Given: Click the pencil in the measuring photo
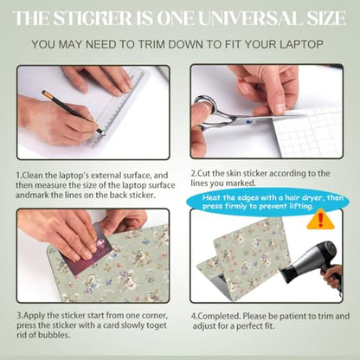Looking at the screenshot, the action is coord(73,112).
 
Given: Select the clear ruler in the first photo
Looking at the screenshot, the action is coord(119,107).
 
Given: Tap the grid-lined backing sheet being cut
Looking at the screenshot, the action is coord(309,132).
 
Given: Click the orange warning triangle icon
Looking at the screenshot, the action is coord(320,220).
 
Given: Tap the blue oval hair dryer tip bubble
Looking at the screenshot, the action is coord(267,202).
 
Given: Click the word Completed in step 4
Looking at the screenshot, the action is coord(219,317).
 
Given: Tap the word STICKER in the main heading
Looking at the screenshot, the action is coord(93,18).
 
